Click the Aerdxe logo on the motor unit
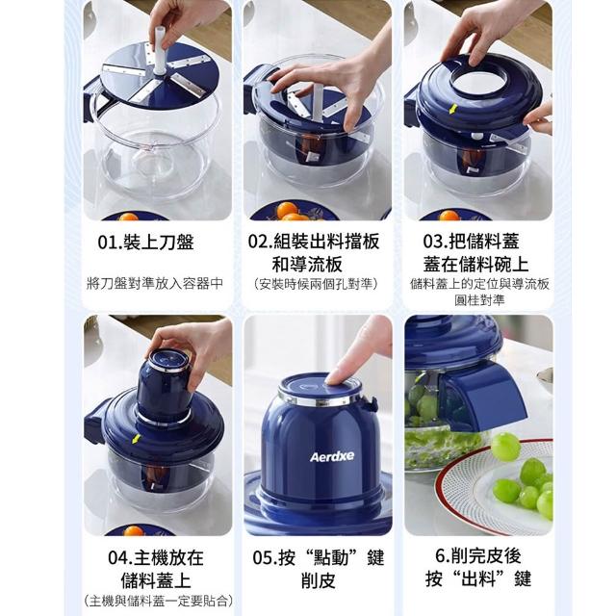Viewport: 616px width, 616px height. click(x=332, y=456)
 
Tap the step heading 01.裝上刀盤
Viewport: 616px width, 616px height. click(x=145, y=242)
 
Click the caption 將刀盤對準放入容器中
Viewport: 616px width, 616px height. click(x=155, y=283)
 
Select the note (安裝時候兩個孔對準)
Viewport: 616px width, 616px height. click(x=316, y=284)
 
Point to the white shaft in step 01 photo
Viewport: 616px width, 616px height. click(x=160, y=50)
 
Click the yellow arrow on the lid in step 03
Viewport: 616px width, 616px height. click(x=453, y=109)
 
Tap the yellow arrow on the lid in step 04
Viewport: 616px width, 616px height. click(x=136, y=439)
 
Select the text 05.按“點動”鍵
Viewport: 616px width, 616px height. click(x=319, y=557)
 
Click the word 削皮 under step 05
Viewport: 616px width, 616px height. click(x=319, y=580)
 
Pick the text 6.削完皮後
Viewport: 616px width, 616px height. click(x=478, y=555)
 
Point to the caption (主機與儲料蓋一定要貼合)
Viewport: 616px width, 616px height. click(x=159, y=601)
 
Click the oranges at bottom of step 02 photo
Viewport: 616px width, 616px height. click(x=291, y=211)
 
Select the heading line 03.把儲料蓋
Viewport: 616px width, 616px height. click(x=471, y=241)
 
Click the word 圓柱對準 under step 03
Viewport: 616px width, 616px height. click(x=479, y=300)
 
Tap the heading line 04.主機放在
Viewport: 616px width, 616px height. click(x=156, y=557)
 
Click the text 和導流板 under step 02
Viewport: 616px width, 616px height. click(x=307, y=264)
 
